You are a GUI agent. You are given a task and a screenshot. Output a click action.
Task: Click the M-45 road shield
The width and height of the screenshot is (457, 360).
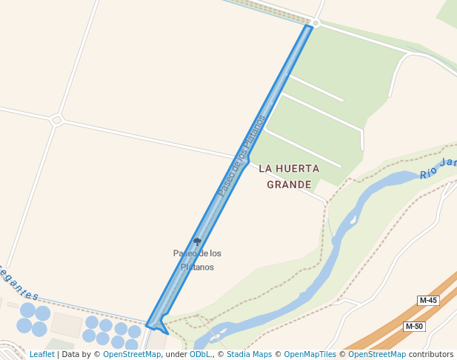coord(428,300)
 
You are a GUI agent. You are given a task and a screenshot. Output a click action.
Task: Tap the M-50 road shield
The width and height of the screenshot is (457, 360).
coord(414,327)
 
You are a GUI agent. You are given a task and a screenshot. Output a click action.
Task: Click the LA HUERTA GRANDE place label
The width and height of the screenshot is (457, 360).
coord(289,176)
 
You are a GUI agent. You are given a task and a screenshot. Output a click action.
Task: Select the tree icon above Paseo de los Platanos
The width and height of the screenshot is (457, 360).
coord(197,241)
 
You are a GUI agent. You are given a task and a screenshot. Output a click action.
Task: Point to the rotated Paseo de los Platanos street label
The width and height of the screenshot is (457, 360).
coord(241,156)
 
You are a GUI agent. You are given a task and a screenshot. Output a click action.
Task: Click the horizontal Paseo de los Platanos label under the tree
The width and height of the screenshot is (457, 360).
coord(197,260)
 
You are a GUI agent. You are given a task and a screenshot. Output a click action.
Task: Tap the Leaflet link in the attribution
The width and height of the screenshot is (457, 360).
coord(41,355)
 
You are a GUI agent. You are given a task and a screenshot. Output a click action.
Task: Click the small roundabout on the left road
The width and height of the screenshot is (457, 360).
coord(56,119)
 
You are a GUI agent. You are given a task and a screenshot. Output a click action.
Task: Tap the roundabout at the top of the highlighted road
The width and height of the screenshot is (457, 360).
coord(316,24)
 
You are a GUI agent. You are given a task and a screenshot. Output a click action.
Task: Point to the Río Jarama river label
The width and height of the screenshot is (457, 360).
coord(437,170)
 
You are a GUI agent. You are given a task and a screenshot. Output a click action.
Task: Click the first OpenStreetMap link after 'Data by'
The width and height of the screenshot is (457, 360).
coord(132,355)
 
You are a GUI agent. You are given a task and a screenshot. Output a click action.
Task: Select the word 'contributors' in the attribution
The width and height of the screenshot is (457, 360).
coord(431,355)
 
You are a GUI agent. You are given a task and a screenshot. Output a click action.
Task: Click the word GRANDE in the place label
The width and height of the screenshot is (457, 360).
coord(289,184)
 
